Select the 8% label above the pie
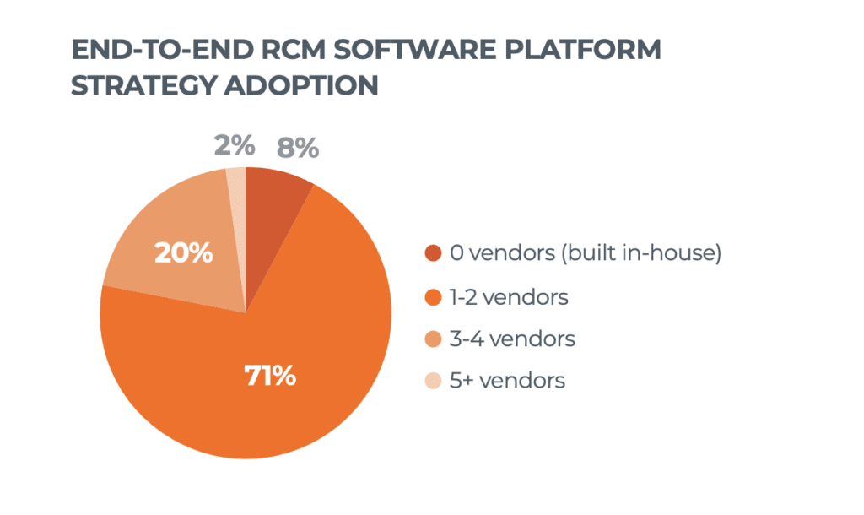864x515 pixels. [298, 149]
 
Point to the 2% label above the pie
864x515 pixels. [234, 146]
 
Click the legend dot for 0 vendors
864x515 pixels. [433, 253]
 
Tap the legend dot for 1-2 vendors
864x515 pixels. [433, 297]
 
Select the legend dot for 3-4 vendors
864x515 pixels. [433, 339]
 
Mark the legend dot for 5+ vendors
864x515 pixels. [433, 381]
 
